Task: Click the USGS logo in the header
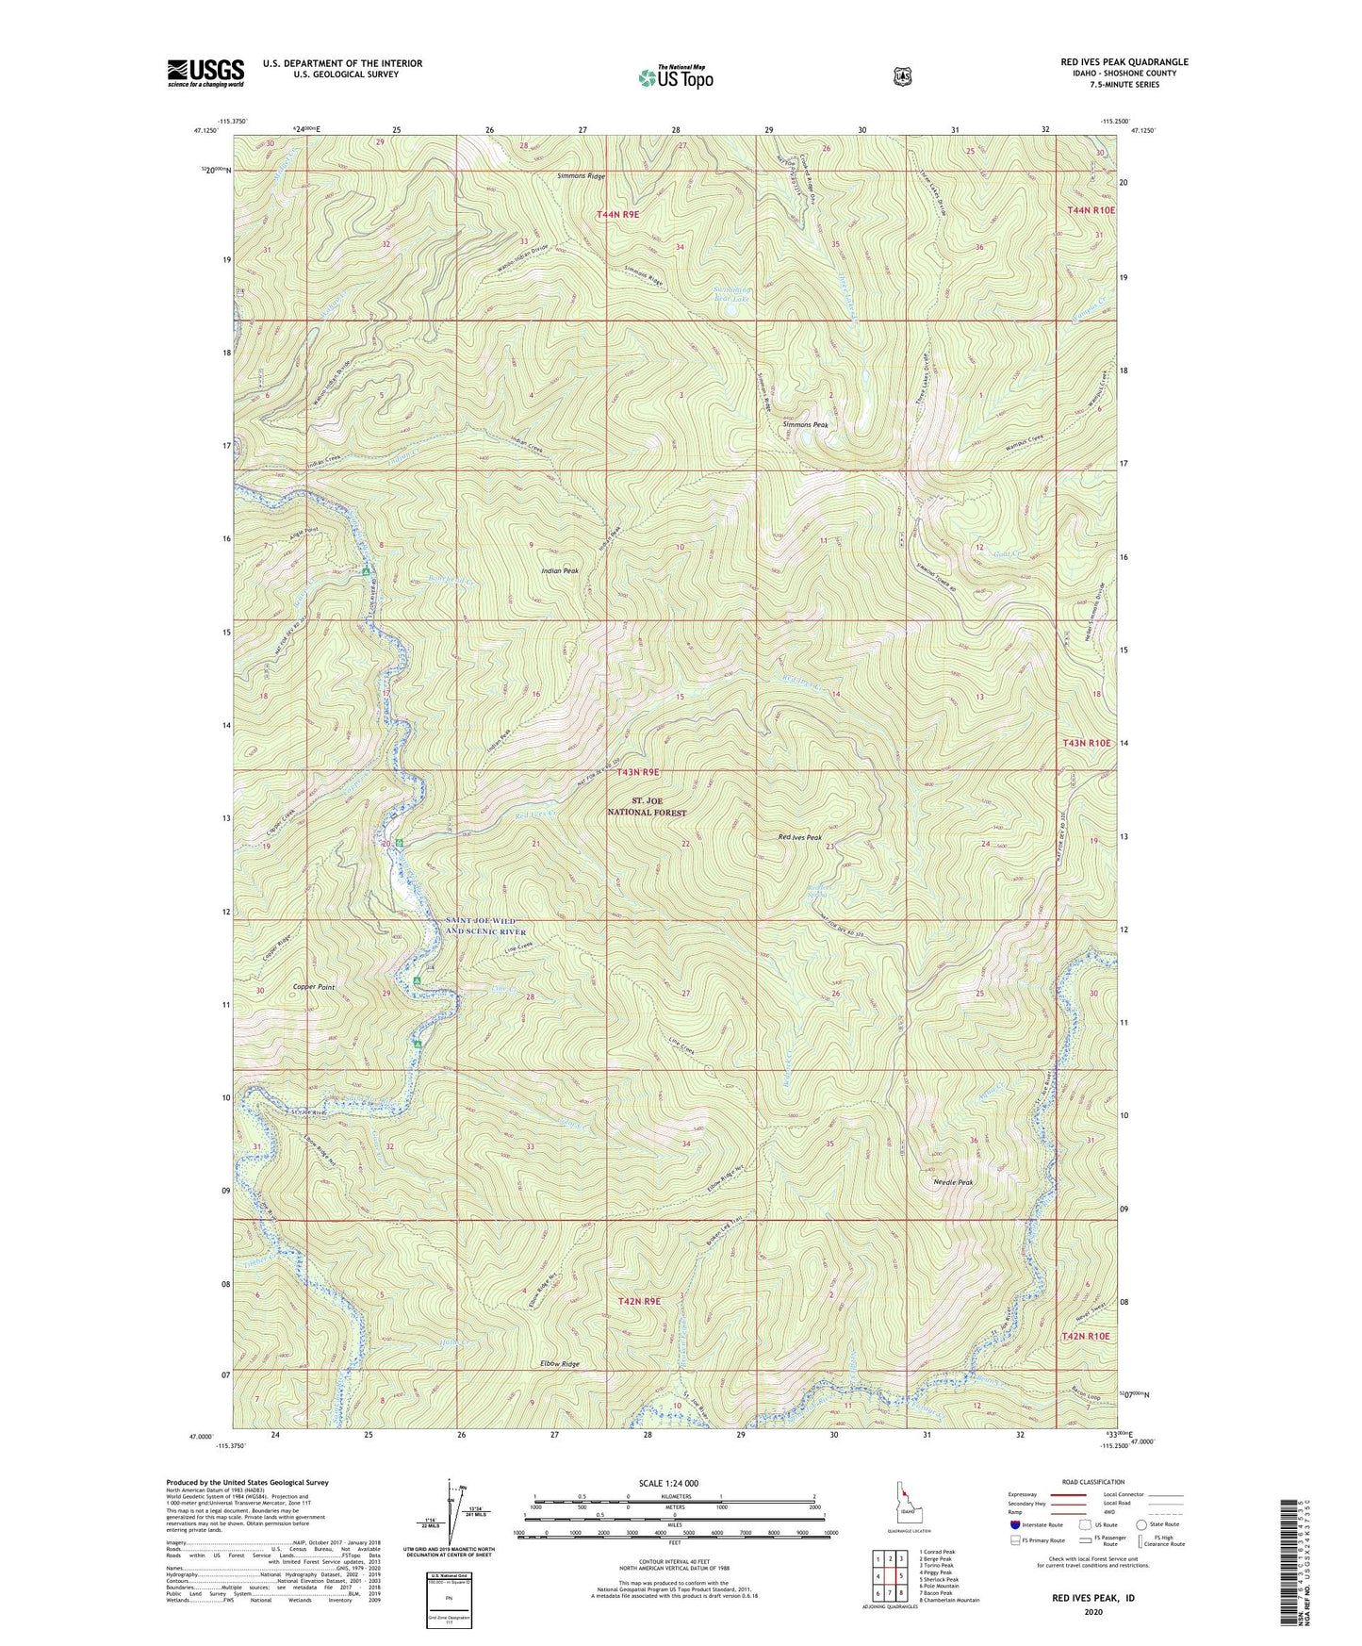(205, 73)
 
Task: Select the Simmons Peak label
(805, 425)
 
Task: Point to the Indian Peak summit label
(560, 571)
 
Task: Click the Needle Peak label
(952, 1182)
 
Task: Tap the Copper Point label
(314, 986)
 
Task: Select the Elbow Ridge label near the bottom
(559, 1364)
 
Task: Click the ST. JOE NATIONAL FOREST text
(647, 806)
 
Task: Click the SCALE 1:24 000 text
(668, 1483)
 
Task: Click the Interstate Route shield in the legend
(1014, 1524)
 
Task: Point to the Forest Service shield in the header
(902, 76)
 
